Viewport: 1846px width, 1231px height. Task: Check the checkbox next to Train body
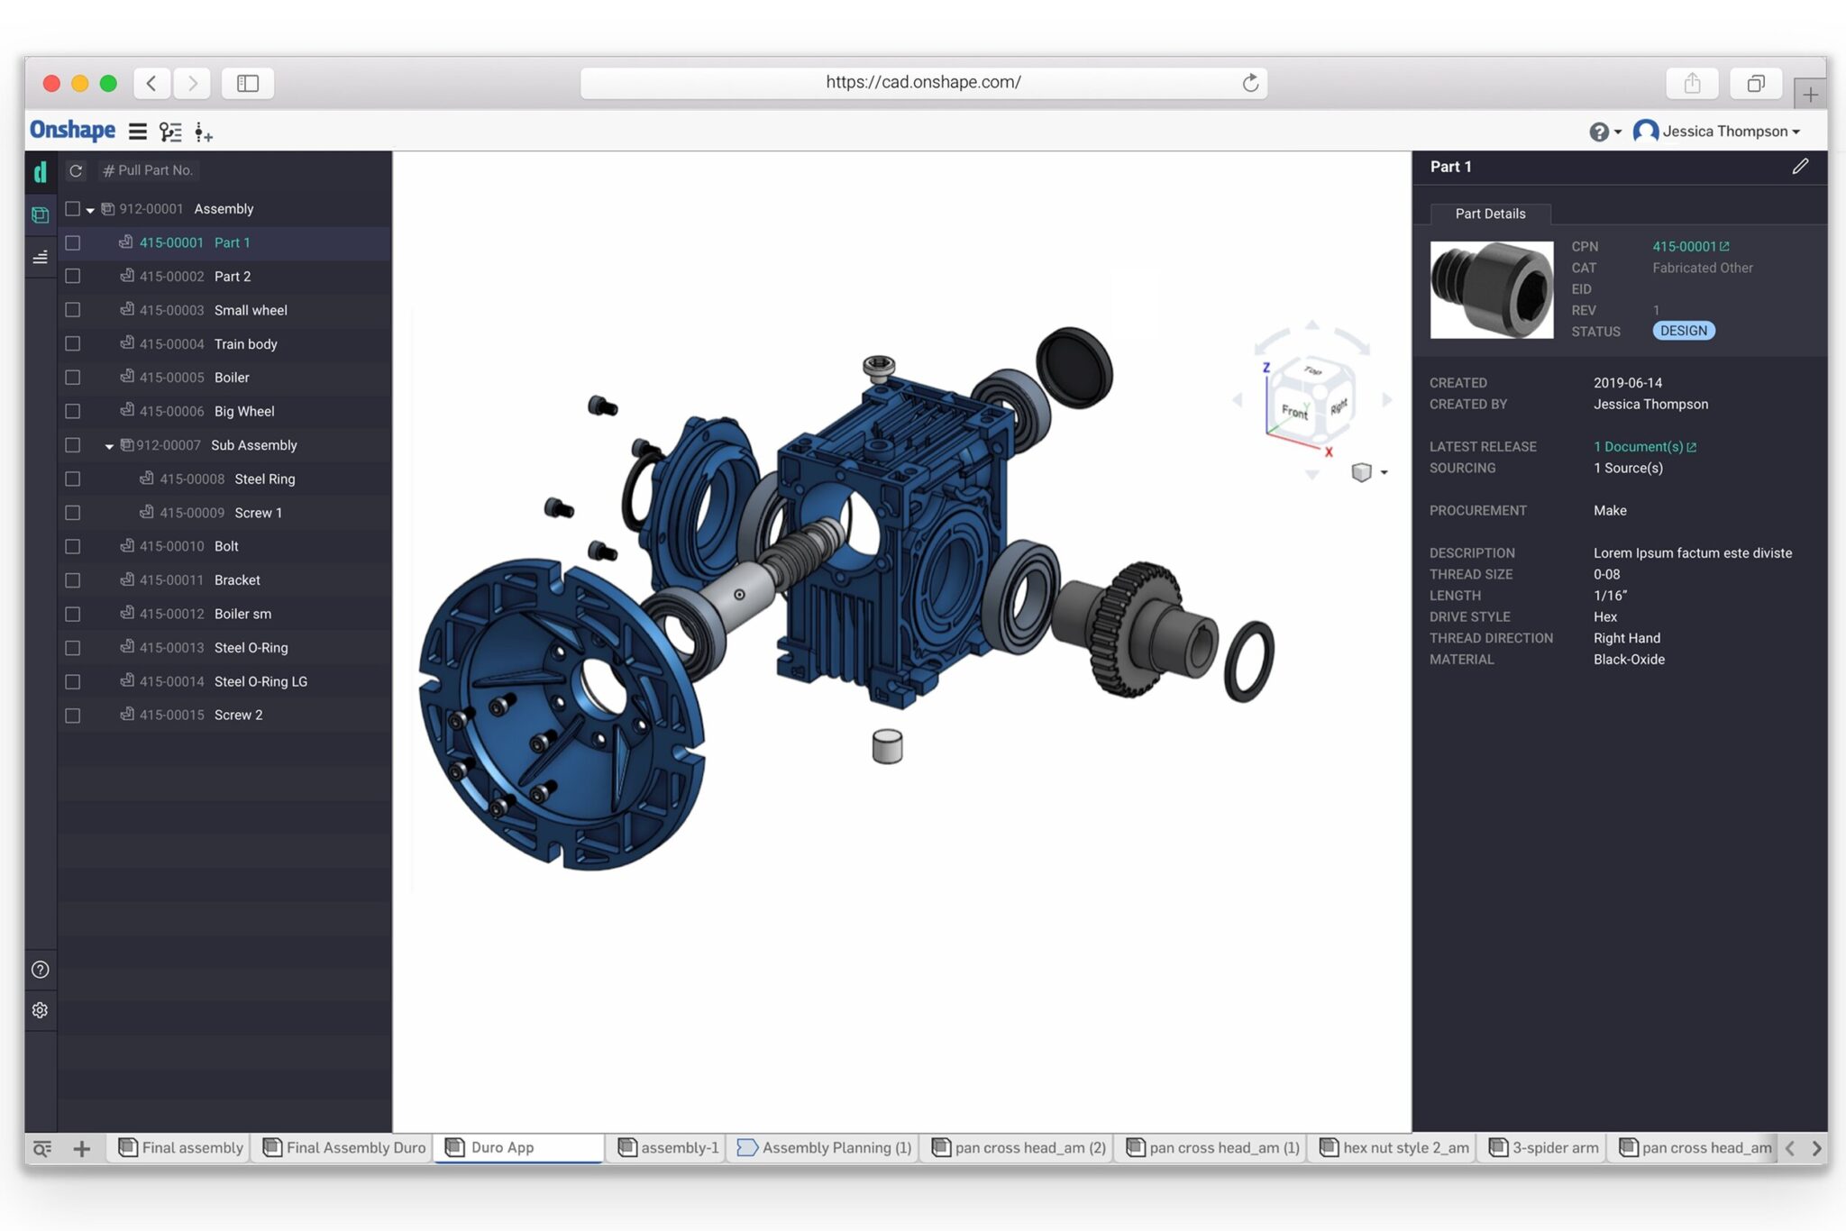(73, 343)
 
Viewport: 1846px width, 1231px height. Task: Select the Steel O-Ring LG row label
(260, 681)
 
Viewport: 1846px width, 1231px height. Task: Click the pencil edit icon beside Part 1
(1800, 167)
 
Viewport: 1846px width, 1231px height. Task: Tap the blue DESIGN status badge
(1683, 331)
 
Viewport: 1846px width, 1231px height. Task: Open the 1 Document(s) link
(1644, 447)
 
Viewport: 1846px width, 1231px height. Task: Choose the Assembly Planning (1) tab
(824, 1147)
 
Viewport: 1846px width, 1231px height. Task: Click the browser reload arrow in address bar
(1250, 83)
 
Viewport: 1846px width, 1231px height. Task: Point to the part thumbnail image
(1491, 289)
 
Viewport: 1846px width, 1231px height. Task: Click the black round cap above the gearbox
(1074, 368)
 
